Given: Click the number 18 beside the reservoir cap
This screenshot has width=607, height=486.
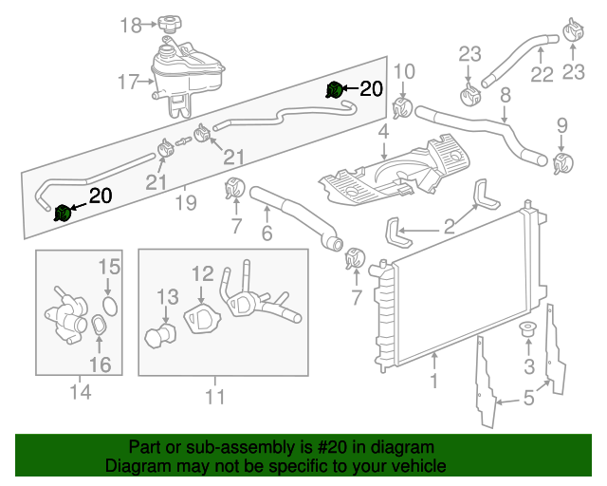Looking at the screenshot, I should [x=131, y=25].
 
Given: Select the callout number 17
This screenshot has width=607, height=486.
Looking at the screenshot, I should [x=129, y=83].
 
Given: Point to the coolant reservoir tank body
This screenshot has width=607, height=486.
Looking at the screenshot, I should [x=190, y=71].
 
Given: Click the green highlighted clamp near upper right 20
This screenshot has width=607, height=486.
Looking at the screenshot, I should [x=334, y=90].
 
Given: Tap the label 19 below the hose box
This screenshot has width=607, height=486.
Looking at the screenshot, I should [x=186, y=201].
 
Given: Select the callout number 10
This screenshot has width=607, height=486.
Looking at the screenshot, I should [x=404, y=70].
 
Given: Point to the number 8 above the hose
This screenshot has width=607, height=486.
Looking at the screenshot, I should [x=506, y=94].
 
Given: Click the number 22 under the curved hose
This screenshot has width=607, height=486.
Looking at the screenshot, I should [x=542, y=74].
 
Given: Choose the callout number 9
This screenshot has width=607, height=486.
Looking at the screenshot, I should [x=561, y=124].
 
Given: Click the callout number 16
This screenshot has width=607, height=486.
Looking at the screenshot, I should [x=101, y=364].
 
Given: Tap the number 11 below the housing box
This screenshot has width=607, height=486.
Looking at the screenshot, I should [x=216, y=397].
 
